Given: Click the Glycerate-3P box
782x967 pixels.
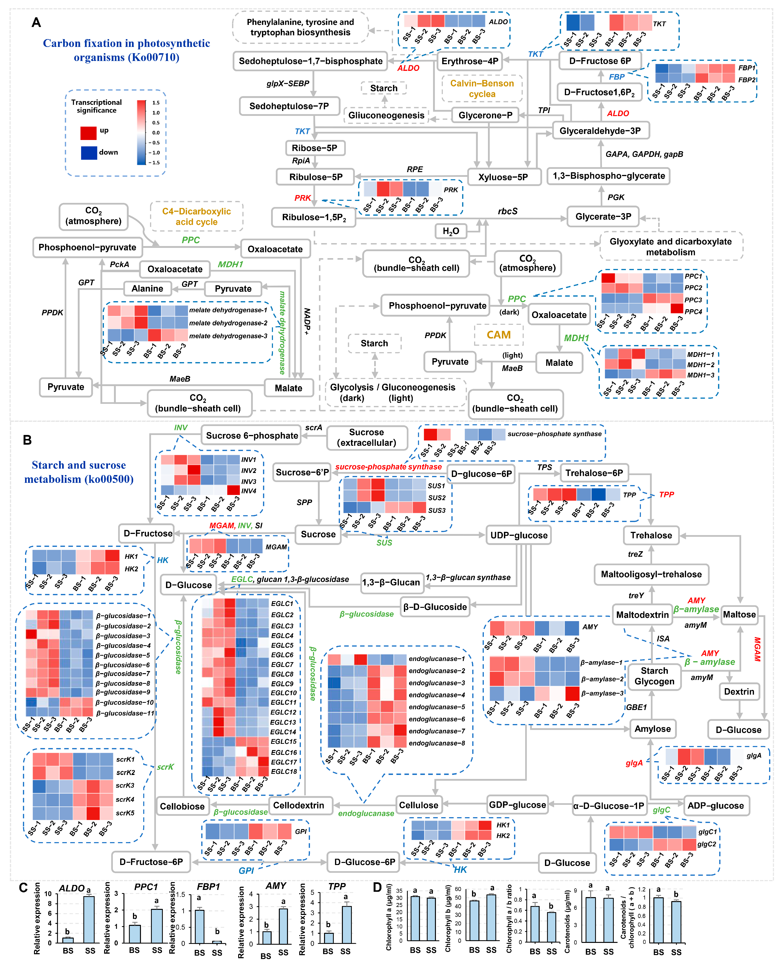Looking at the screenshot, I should [603, 217].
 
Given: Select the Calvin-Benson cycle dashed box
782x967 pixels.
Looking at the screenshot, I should [482, 89].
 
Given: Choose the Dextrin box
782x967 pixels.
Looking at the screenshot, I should [739, 691].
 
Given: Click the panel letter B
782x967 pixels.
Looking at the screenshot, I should [27, 440].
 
